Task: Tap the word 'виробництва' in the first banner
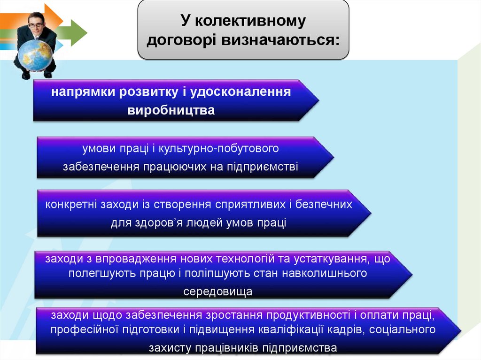[171, 110]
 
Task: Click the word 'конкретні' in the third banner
[70, 205]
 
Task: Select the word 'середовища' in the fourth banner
[217, 291]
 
